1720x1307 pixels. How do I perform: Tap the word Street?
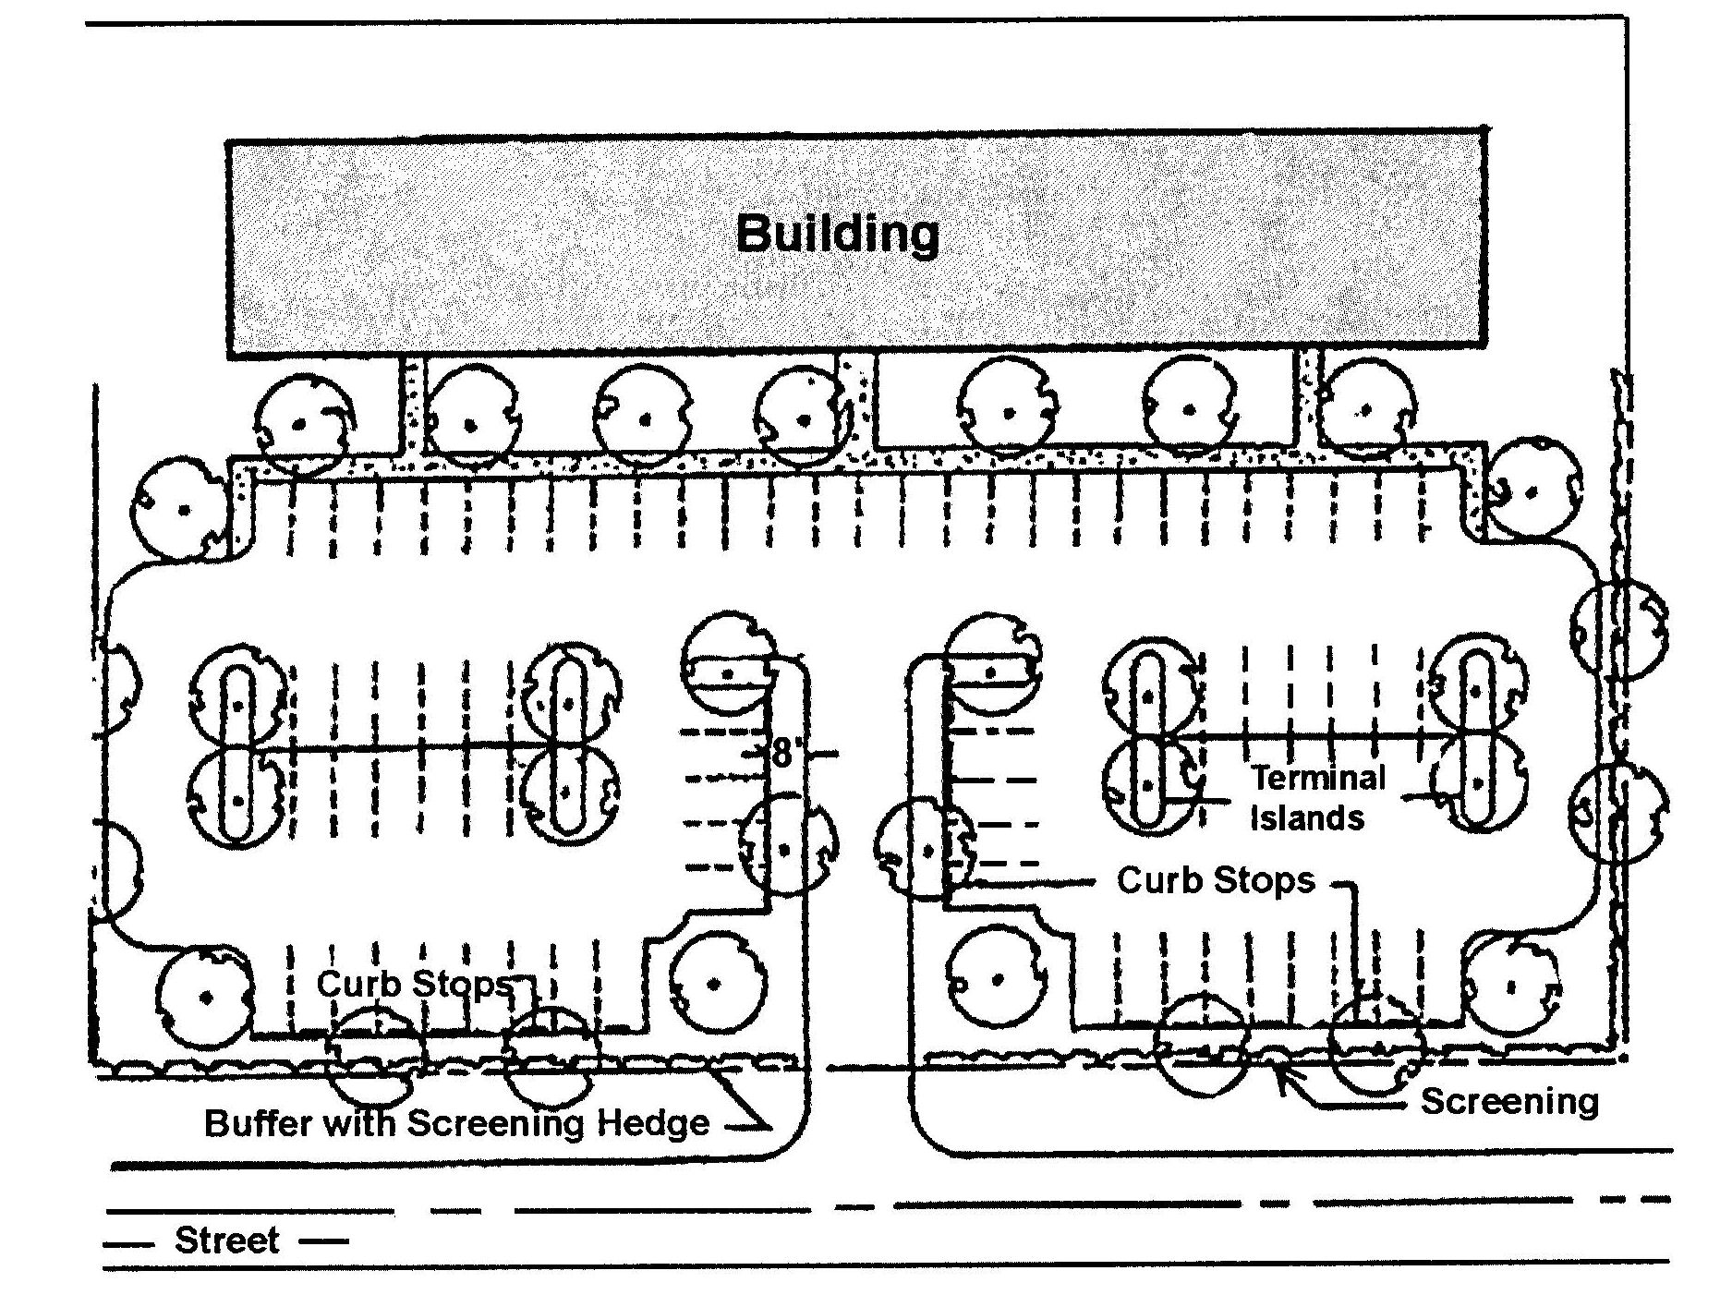[226, 1240]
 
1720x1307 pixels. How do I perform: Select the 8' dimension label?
[783, 753]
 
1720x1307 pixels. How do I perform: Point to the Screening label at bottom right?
[1508, 1101]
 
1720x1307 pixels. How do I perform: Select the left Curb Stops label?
[414, 983]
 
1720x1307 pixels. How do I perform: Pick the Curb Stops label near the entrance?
[1215, 879]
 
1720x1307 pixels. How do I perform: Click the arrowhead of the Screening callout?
[1280, 1074]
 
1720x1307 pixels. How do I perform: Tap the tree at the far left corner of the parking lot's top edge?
[182, 509]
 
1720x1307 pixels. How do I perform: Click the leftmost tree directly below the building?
[302, 424]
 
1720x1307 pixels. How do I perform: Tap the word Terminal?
[1318, 778]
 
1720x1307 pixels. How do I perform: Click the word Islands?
[1307, 818]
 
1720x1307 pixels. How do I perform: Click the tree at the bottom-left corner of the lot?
[205, 997]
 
